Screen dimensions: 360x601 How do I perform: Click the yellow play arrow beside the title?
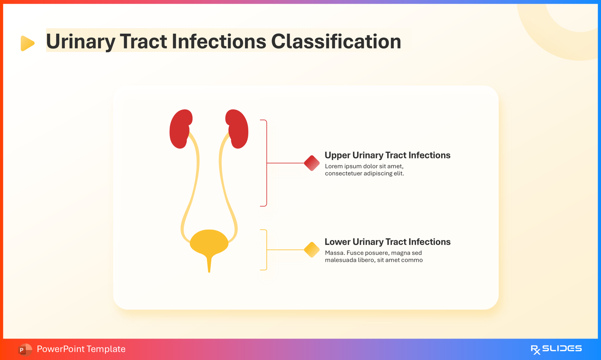(27, 43)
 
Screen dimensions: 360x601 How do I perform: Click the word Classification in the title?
(336, 41)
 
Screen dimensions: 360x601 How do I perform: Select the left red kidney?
(180, 129)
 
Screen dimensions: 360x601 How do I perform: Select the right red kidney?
(238, 129)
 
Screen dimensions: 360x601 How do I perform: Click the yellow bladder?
(209, 243)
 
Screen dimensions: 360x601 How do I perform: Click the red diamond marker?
(312, 163)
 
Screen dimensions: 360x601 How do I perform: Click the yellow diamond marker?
(312, 250)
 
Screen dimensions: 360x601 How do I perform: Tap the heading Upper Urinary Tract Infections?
(387, 155)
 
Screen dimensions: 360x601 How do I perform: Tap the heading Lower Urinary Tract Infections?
(387, 242)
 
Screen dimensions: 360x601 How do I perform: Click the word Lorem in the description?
(334, 166)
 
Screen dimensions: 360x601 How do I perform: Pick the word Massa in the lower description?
(334, 253)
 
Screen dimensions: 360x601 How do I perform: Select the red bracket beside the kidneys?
(266, 163)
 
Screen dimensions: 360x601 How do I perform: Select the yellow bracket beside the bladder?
(266, 250)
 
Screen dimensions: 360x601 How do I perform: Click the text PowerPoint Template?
(81, 349)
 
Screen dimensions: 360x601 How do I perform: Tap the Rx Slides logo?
(556, 349)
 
